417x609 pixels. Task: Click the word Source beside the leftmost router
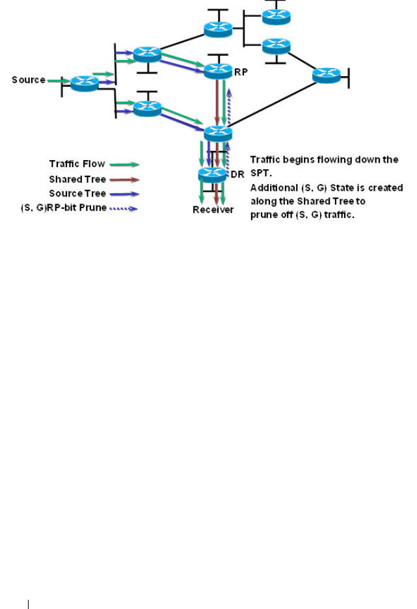click(x=29, y=80)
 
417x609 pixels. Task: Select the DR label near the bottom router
click(x=237, y=174)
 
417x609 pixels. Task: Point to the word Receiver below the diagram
click(x=213, y=210)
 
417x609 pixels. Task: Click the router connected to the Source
click(x=85, y=82)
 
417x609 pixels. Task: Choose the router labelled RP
click(x=218, y=70)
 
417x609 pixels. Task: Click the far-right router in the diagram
click(x=327, y=75)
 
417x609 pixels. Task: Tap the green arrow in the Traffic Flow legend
click(x=122, y=164)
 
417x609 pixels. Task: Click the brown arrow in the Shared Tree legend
click(x=122, y=178)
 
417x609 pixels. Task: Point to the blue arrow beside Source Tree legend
click(x=122, y=193)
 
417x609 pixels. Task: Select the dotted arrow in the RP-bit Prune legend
click(x=122, y=208)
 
